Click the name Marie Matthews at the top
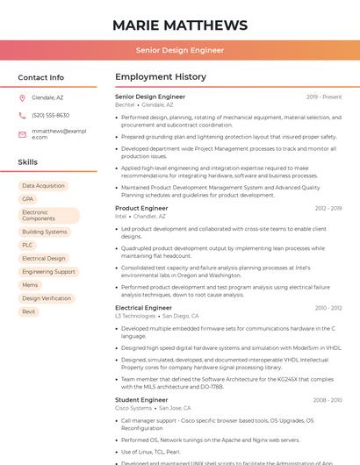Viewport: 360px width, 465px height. click(x=180, y=25)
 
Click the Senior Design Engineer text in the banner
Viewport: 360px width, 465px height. click(x=180, y=51)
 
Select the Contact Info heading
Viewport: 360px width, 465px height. click(x=40, y=77)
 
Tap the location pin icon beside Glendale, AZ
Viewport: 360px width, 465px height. click(x=22, y=98)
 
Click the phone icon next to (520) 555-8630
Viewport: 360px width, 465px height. click(x=22, y=115)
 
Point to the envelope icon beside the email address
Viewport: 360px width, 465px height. click(x=22, y=134)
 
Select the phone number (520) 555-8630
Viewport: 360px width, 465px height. click(x=50, y=115)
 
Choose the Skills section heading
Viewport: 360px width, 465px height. click(x=28, y=162)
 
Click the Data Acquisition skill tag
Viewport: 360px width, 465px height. click(x=43, y=186)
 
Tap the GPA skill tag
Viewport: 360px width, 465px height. click(x=28, y=199)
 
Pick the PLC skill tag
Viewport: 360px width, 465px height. click(x=28, y=245)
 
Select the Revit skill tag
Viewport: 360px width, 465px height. click(x=29, y=311)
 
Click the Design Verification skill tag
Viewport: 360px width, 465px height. click(x=47, y=298)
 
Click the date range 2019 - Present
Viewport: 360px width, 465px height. click(x=324, y=97)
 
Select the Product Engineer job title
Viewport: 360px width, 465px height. click(x=141, y=208)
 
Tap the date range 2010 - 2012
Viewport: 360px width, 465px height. click(x=328, y=308)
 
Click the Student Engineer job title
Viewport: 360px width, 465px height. click(x=141, y=400)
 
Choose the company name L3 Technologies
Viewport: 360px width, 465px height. click(x=134, y=316)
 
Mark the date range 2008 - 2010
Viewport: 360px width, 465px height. click(x=328, y=400)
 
